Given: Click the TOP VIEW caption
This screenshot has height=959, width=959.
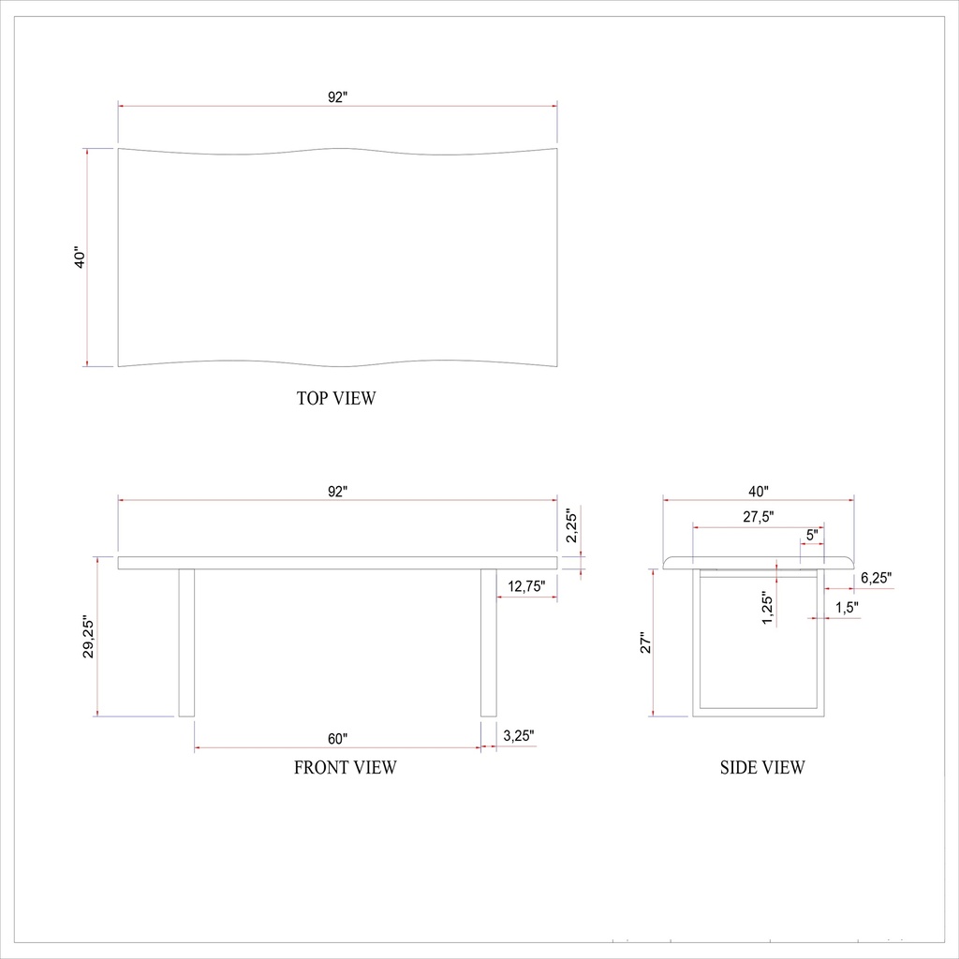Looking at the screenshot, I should [336, 398].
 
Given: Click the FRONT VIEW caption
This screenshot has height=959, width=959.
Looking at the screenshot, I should [345, 768].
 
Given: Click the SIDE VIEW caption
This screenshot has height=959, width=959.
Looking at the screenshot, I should [761, 768].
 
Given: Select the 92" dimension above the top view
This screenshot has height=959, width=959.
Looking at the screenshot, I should [337, 96].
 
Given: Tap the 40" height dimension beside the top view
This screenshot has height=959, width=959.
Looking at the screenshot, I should [81, 258].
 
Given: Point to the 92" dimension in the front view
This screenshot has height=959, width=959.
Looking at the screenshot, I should [337, 490].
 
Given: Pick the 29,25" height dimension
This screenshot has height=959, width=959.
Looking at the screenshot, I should [88, 637].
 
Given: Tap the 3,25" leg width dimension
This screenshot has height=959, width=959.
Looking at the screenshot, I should [519, 736].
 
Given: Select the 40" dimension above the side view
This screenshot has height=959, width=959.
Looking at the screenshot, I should [759, 490].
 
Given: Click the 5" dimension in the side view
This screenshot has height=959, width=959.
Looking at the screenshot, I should [812, 534].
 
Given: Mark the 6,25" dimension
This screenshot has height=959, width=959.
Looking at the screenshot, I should [876, 577].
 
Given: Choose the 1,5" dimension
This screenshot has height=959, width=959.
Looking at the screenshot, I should [847, 607].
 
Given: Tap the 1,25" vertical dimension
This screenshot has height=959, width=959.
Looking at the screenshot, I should [767, 609].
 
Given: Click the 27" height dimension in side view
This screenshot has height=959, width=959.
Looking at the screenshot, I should [644, 642].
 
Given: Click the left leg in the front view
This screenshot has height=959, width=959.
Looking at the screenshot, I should [185, 642].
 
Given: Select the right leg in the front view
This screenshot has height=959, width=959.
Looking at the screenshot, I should [488, 642].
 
